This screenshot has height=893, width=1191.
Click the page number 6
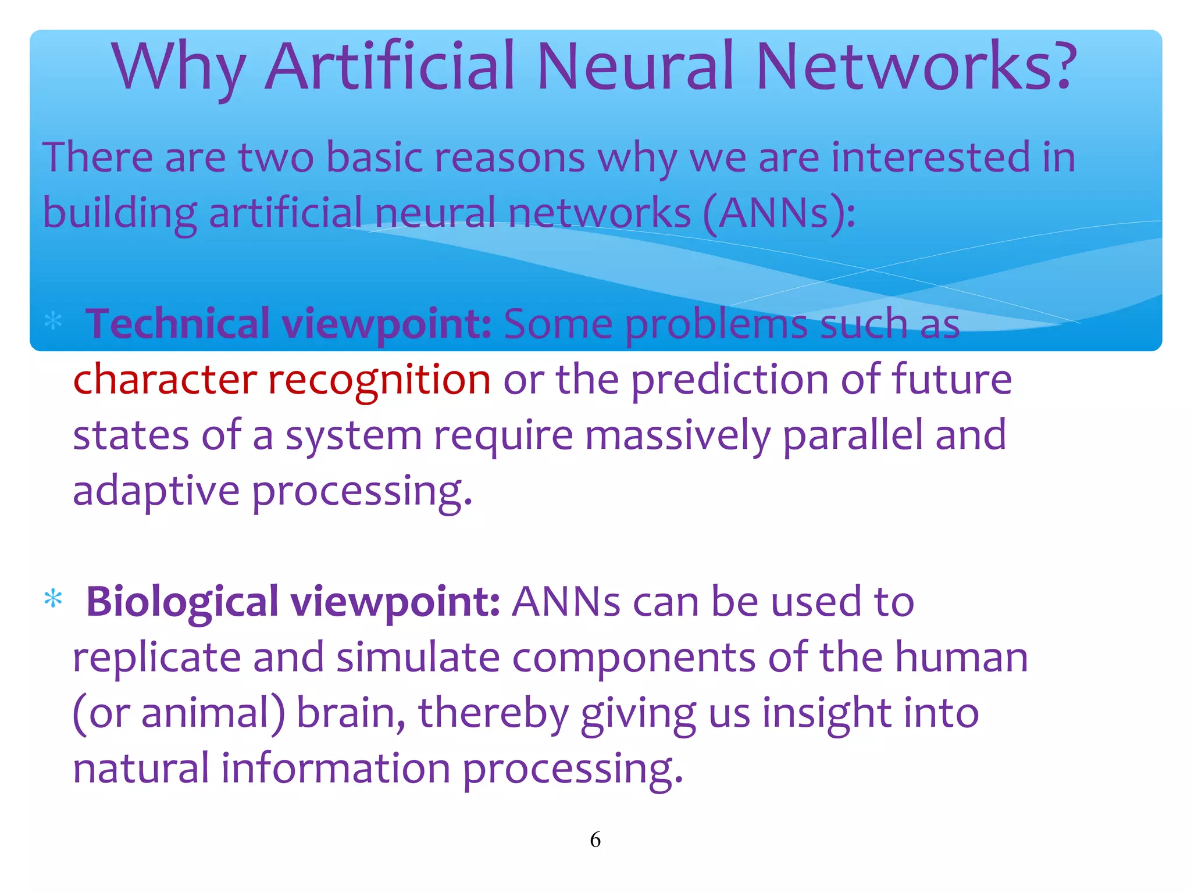595,840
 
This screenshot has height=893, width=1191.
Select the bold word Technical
178,323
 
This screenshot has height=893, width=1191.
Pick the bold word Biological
182,601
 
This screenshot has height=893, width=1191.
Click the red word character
165,379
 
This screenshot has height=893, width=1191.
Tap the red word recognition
379,379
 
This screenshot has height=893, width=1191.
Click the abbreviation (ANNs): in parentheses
779,213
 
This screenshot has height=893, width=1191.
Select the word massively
677,435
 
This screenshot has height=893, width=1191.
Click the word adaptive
156,491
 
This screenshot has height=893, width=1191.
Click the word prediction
729,379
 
